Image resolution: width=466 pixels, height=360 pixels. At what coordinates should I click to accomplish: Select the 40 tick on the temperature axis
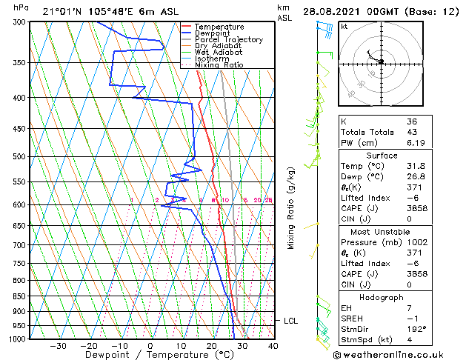273,345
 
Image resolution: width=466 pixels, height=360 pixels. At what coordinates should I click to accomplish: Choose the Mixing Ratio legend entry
219,65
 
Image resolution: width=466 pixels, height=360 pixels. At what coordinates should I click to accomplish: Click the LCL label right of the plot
291,321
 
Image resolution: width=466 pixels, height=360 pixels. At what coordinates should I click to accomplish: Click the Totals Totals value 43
412,132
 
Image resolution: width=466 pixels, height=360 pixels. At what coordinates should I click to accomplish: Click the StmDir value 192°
417,329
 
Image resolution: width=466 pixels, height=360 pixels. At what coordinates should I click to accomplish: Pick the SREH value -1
412,319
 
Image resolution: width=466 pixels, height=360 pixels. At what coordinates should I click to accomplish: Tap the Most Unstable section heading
381,231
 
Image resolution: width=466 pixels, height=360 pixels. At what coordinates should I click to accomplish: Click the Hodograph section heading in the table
381,297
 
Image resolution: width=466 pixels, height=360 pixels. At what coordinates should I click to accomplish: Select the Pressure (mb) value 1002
416,242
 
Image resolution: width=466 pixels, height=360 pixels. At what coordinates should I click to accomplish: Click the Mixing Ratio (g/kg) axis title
291,207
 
